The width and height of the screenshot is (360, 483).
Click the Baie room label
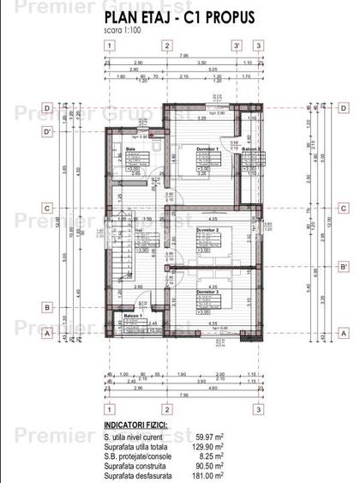pos(131,149)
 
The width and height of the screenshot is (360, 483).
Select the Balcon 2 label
pos(252,149)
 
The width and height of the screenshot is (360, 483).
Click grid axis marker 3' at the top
pos(236,45)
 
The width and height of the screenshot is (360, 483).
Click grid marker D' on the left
pos(49,131)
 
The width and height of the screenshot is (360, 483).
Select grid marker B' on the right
pos(342,266)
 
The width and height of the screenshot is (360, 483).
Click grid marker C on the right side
pos(342,207)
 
